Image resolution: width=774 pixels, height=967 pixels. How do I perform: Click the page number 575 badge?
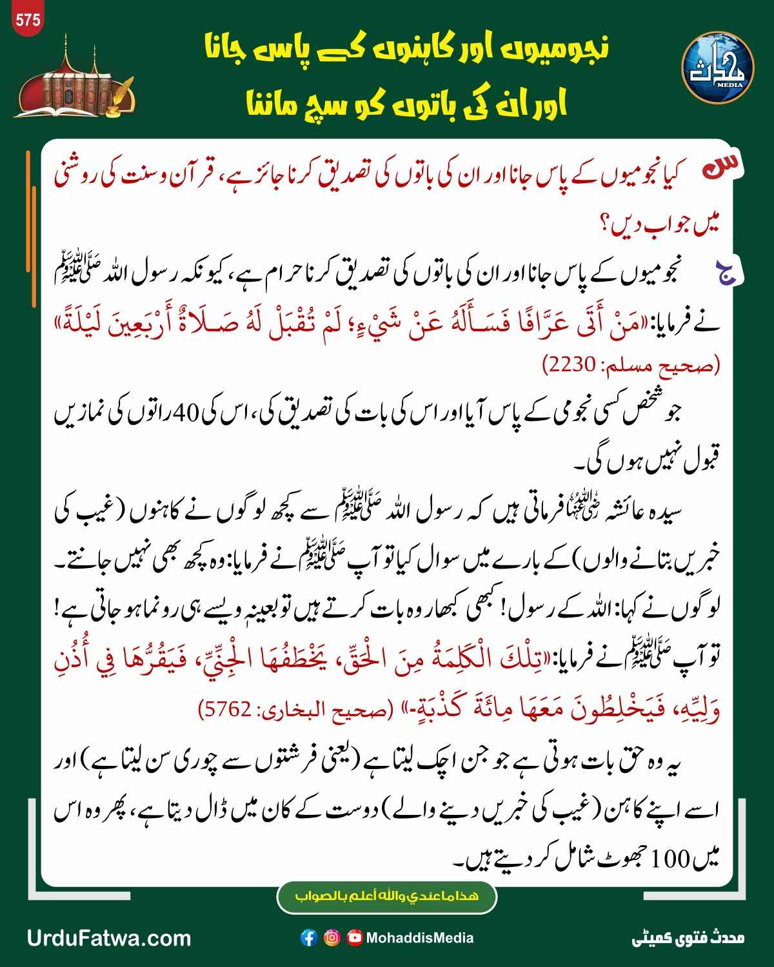point(28,19)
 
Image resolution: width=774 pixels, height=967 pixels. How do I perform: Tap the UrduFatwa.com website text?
point(109,938)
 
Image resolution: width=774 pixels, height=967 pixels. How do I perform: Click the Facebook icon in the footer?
point(309,938)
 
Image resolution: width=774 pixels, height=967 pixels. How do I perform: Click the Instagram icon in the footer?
point(332,938)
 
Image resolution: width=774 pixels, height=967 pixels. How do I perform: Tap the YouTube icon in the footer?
point(355,938)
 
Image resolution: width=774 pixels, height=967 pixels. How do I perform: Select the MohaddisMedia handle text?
point(419,938)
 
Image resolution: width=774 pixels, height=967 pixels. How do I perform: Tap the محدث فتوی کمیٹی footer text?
point(688,938)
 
